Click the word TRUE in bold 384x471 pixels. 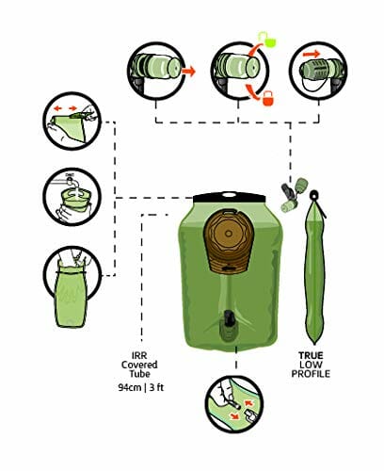point(311,355)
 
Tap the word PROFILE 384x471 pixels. point(311,374)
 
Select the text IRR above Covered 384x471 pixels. point(139,355)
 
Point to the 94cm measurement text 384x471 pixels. point(130,387)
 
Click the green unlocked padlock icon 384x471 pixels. point(269,39)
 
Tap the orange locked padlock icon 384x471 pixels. point(267,99)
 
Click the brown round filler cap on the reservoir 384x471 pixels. point(229,240)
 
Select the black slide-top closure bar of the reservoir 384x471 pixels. point(229,198)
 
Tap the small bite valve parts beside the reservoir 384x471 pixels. point(294,195)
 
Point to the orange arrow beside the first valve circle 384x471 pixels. point(188,72)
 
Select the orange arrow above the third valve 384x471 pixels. point(312,54)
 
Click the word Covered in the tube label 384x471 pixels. point(139,365)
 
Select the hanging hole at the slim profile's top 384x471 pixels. point(313,195)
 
